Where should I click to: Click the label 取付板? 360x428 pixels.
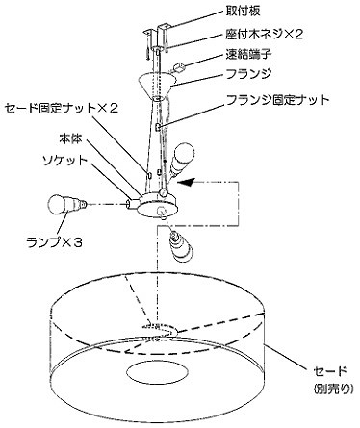pos(243,11)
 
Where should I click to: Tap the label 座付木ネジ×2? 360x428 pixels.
pos(264,34)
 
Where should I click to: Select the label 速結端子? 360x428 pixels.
pos(248,54)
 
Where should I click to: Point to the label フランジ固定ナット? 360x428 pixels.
pos(278,100)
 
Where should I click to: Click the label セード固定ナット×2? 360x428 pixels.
pos(62,108)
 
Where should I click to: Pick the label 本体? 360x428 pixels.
pos(70,138)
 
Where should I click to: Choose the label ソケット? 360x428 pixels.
pos(65,160)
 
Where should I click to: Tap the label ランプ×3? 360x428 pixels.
pos(55,242)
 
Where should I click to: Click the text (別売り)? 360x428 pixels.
pos(333,389)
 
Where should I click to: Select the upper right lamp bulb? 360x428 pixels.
pos(182,158)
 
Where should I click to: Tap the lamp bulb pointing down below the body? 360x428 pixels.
pos(181,245)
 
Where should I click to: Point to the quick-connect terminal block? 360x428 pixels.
pos(179,68)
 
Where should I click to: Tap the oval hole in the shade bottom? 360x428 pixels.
pos(157,372)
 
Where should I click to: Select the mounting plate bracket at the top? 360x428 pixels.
pos(160,35)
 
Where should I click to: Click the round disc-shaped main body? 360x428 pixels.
pos(158,205)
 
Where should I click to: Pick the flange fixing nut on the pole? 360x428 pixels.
pos(158,127)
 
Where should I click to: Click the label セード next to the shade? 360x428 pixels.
pos(330,371)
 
